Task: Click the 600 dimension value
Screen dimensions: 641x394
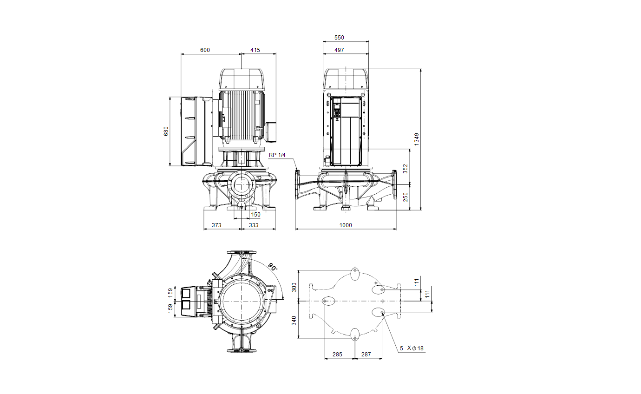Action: (205, 50)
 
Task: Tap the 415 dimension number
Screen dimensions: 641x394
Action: (255, 50)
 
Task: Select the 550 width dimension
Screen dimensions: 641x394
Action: (339, 38)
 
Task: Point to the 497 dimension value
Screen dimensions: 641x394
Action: (339, 50)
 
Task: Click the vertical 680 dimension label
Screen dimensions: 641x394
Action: (166, 131)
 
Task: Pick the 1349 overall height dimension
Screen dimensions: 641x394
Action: (417, 139)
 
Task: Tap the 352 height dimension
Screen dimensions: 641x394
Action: (405, 169)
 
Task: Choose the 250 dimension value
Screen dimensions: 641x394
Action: (405, 197)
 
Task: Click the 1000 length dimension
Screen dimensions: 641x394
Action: (346, 225)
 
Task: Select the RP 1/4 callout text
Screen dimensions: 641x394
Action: (277, 155)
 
